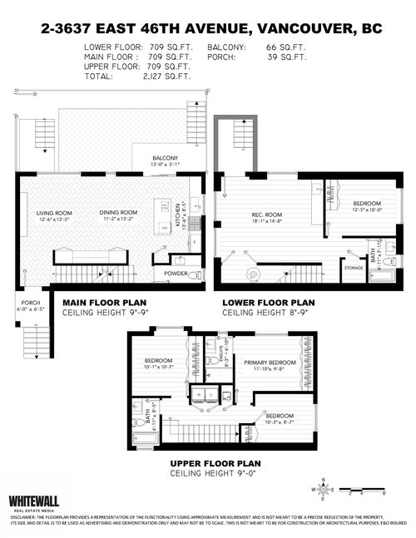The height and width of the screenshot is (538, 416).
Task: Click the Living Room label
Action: tap(52, 213)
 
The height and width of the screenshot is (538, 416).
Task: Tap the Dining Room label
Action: tap(118, 213)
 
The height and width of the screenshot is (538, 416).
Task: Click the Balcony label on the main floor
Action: tap(166, 159)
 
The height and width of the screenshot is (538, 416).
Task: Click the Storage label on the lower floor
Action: tap(354, 268)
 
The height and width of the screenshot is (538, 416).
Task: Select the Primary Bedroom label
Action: tap(270, 363)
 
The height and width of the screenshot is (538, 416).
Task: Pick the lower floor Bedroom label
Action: tap(366, 204)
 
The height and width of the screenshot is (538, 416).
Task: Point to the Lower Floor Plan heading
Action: tap(269, 303)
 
